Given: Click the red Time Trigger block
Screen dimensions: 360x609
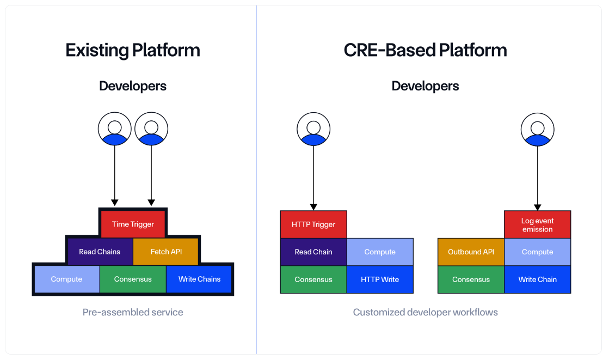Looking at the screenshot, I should (133, 224).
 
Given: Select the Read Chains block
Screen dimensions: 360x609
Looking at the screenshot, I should (100, 252).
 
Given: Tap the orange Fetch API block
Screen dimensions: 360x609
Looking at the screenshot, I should (166, 252).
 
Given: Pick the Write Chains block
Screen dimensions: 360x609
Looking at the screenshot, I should (199, 279).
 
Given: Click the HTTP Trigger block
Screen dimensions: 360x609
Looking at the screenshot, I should (313, 224).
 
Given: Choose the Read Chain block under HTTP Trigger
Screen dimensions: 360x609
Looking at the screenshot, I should (313, 252).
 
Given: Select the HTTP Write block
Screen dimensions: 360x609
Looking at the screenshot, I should (380, 279).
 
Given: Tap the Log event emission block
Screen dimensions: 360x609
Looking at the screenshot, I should (537, 225).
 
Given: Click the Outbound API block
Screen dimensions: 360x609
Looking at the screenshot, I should (471, 252).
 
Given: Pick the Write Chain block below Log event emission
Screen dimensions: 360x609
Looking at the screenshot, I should (537, 279).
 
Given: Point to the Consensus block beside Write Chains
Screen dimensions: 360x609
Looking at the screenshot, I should (133, 279).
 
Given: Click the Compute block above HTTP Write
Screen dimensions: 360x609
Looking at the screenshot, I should (380, 252).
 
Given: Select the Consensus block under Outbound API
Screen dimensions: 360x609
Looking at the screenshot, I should (471, 279).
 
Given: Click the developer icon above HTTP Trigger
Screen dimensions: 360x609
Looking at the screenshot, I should (313, 129).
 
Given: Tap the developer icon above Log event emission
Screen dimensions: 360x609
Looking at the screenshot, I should (537, 129).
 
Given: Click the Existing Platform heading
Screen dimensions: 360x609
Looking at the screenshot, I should (133, 50).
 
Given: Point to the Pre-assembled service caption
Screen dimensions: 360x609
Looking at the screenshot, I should (133, 312).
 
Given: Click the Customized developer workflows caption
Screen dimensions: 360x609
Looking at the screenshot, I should (425, 312).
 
